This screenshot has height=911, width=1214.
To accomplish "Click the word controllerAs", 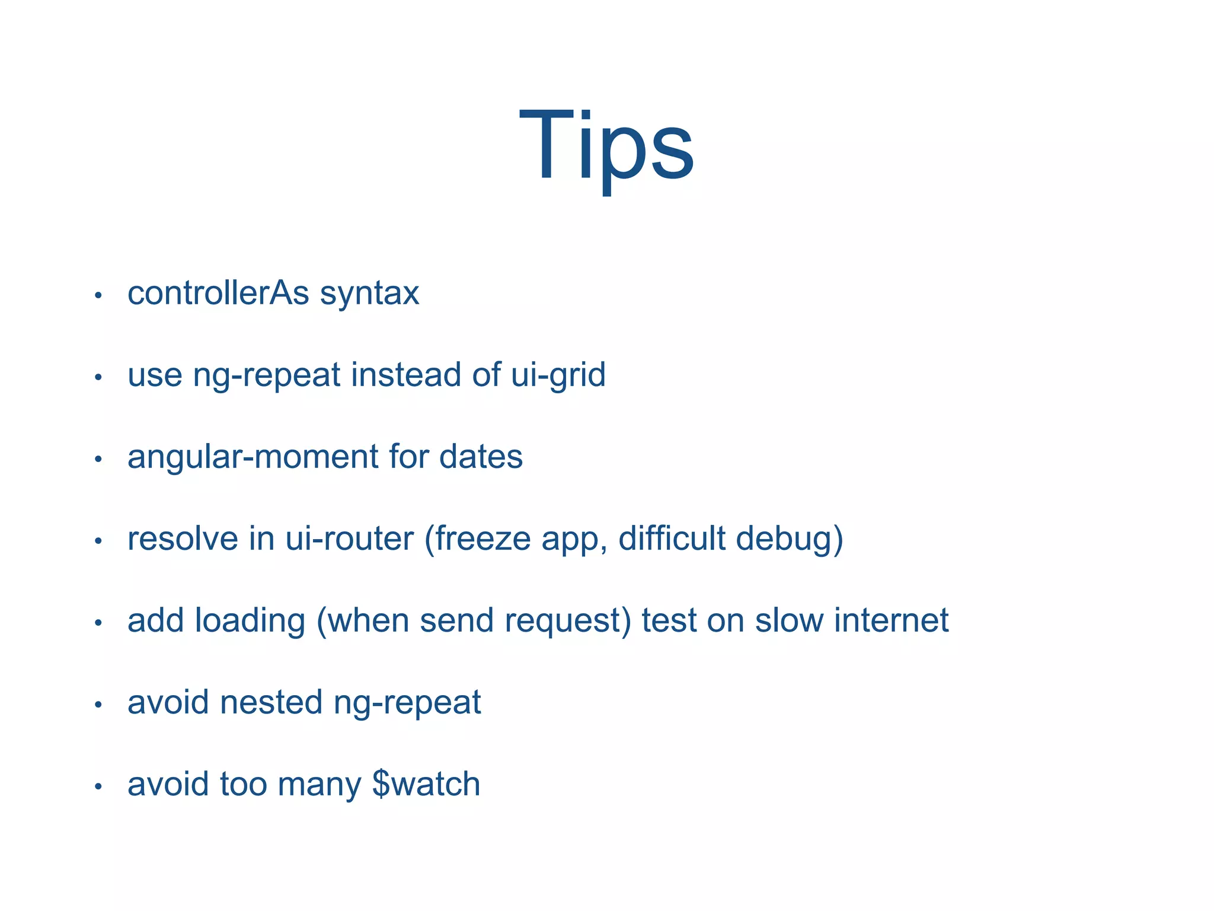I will [218, 293].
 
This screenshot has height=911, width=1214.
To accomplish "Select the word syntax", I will [369, 294].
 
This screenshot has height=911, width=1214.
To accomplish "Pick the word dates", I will [481, 457].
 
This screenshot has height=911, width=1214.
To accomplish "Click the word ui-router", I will [350, 539].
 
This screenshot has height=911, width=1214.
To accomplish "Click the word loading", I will [250, 621].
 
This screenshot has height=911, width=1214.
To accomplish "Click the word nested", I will [271, 702].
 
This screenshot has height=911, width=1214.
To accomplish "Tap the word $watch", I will [426, 784].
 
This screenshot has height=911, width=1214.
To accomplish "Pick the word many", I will [319, 785].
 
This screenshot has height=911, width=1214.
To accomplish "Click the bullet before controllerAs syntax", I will [98, 295].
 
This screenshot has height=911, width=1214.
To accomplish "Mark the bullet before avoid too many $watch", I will [98, 786].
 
